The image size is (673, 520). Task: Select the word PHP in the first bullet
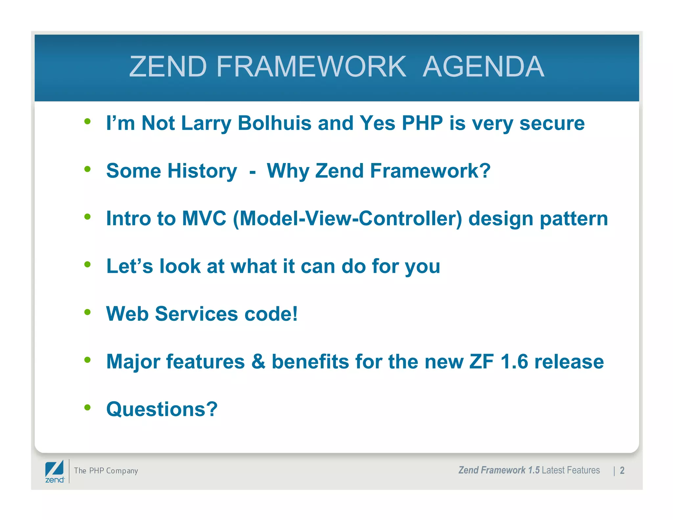click(422, 123)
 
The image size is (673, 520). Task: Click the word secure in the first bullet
click(552, 123)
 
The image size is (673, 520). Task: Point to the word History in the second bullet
click(202, 171)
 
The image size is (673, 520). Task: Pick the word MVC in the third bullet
click(204, 219)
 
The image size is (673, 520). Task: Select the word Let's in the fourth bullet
click(129, 266)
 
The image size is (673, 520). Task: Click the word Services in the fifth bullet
click(196, 314)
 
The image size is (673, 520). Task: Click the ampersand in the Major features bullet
click(258, 362)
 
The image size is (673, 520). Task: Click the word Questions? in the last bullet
click(162, 410)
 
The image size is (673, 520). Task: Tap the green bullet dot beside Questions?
click(87, 408)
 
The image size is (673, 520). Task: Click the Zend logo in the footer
click(55, 471)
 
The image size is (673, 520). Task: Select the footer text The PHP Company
click(106, 471)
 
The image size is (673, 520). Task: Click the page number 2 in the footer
click(622, 471)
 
